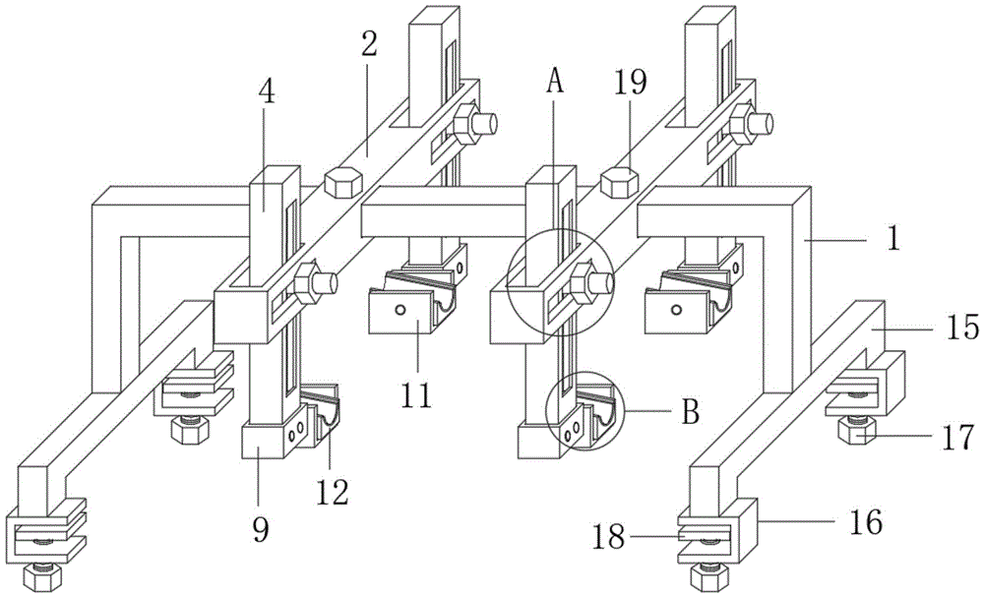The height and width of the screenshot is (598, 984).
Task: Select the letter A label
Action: pyautogui.click(x=555, y=83)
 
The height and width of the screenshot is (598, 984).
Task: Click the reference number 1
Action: pyautogui.click(x=892, y=238)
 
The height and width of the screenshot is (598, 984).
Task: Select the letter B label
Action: pyautogui.click(x=690, y=411)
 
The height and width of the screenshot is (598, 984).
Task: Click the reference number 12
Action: pyautogui.click(x=333, y=489)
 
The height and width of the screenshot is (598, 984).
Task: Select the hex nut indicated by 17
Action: pyautogui.click(x=855, y=433)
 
